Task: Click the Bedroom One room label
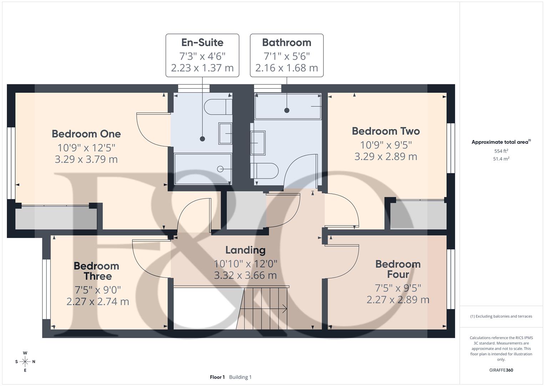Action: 86,134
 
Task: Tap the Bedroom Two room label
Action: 386,131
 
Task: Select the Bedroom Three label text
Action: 97,271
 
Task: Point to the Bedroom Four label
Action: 398,269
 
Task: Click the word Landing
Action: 246,250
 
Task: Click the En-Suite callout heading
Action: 202,43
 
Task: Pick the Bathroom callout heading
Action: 287,43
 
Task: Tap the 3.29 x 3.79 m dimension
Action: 86,159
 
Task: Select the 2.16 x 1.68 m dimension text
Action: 287,68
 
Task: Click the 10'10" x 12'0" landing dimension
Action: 246,264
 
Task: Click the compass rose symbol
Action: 25,362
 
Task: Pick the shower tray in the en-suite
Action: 202,169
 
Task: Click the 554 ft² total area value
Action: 501,151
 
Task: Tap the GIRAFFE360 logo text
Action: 501,370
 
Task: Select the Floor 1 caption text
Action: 217,377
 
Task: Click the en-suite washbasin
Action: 225,133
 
